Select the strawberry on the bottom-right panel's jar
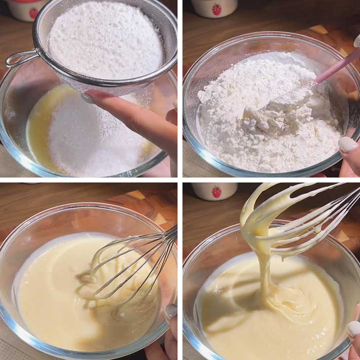point(216,192)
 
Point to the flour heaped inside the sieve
point(106,39)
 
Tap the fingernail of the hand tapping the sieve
point(87,98)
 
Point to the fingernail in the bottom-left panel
point(171,311)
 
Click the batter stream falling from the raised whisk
point(266,276)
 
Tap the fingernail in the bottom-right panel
point(353,328)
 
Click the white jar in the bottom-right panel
point(214,191)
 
